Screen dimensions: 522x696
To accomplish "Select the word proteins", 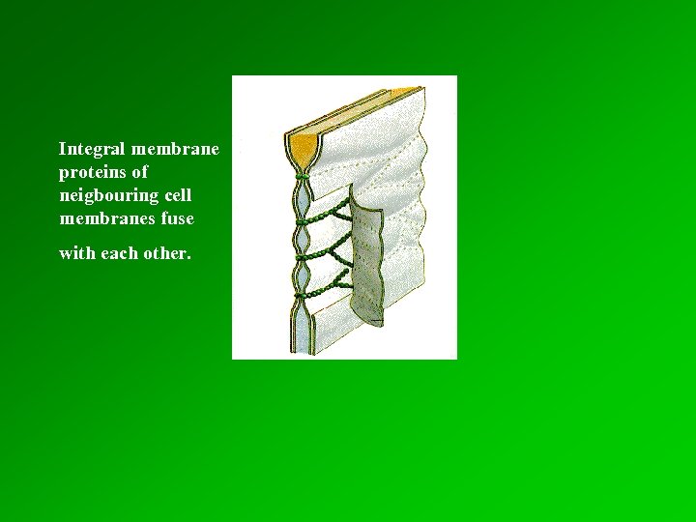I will click(89, 173).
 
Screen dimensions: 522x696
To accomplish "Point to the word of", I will click(140, 173).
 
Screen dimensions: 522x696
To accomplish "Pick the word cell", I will click(175, 196).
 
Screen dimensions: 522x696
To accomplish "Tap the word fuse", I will click(178, 219).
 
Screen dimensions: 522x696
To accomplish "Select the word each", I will click(121, 254).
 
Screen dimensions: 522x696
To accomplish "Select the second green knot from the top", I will click(302, 217).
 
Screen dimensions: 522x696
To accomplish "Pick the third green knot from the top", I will click(302, 255).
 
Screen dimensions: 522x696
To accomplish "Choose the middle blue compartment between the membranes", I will click(302, 236).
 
